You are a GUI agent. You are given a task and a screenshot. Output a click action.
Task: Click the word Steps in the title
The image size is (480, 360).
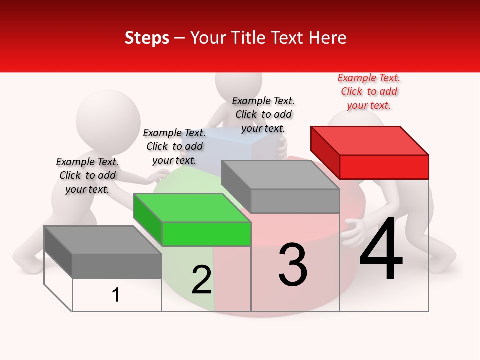147,38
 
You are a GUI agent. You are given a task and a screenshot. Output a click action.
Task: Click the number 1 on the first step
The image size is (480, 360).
116,295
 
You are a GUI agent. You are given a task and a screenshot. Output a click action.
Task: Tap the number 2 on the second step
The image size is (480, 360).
201,280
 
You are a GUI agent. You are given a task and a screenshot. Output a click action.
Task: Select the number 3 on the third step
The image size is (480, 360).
293,265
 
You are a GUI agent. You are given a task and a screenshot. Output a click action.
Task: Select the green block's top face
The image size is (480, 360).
192,208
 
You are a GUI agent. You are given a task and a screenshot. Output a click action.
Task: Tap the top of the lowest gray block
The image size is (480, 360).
103,240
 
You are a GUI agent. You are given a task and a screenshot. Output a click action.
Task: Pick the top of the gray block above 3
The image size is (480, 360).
280,175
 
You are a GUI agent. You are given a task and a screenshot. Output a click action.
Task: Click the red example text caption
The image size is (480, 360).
369,92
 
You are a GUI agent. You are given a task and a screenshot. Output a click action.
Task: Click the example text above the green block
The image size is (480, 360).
174,146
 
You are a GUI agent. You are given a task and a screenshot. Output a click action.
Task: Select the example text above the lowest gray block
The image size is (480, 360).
87,175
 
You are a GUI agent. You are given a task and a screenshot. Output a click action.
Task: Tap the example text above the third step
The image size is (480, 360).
263,114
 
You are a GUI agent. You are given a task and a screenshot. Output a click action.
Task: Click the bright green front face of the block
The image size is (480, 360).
206,234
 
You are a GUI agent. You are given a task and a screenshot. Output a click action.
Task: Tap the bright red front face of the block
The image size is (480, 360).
384,167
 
